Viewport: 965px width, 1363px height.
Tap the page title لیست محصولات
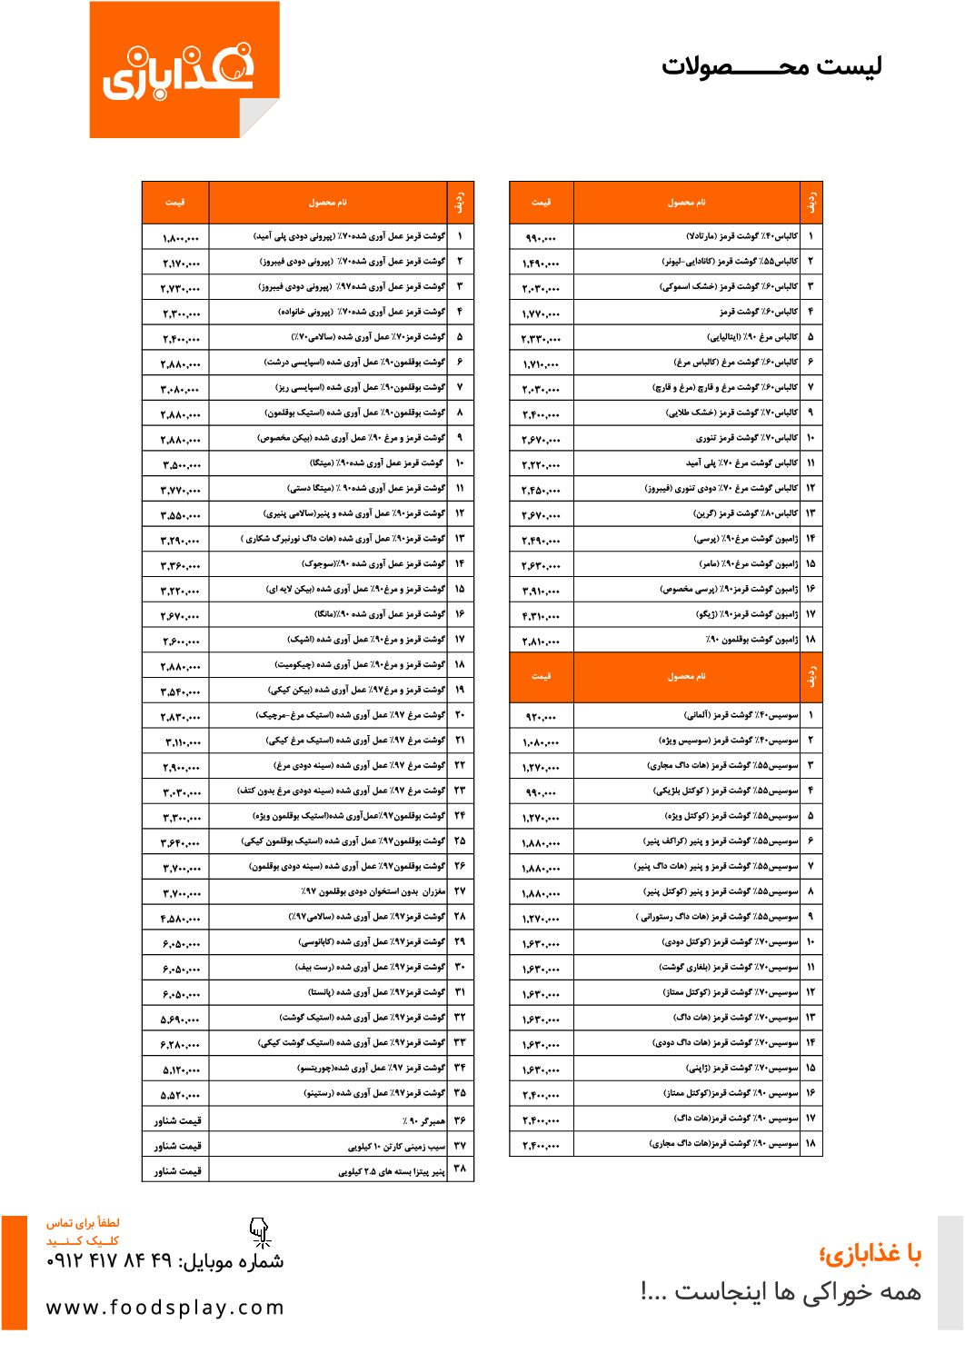pos(771,66)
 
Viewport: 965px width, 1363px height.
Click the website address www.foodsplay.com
pos(164,1308)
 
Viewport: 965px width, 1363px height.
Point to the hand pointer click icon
pos(260,1232)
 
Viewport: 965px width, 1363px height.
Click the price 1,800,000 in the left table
pos(181,238)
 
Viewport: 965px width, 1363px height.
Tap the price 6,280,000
pos(181,1045)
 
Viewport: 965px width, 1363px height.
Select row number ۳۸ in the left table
pos(460,1169)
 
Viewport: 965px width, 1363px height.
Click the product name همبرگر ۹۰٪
pos(423,1121)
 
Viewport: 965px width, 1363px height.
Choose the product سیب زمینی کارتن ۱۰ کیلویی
pos(397,1147)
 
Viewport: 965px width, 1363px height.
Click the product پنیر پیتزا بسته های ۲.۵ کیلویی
pos(392,1172)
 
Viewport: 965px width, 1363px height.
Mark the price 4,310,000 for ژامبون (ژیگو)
pos(542,617)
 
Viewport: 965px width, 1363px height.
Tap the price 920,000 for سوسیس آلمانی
pos(542,718)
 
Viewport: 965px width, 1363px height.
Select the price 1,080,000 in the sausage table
pos(542,743)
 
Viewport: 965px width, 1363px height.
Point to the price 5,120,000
pos(181,1070)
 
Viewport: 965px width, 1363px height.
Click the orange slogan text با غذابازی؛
pos(870,1255)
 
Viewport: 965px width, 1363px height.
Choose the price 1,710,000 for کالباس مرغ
pos(542,364)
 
